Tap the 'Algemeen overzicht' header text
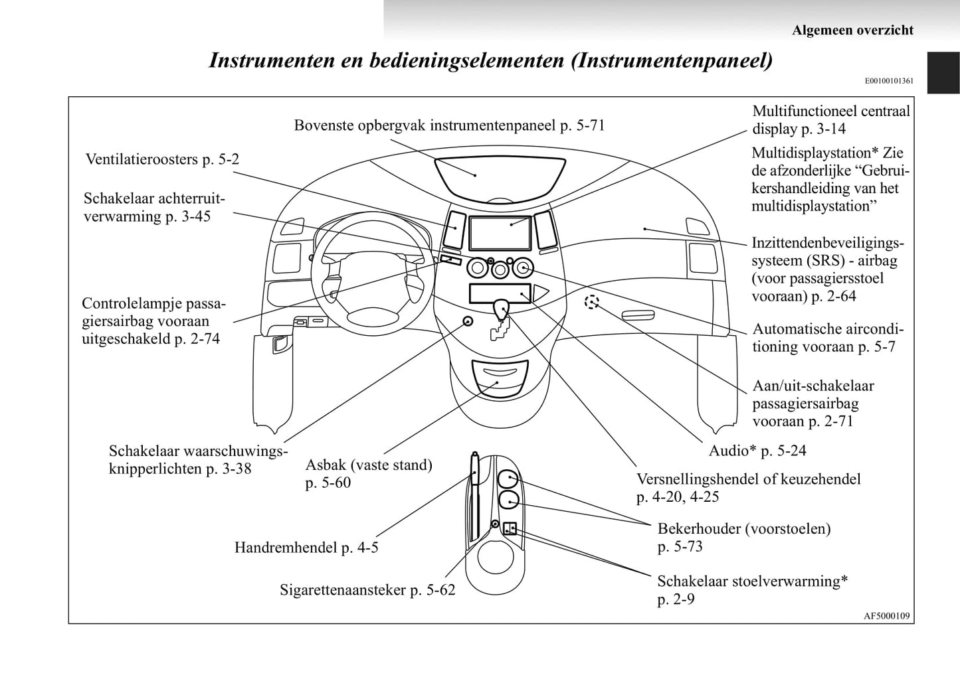(x=852, y=30)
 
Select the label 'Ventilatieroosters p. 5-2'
(x=162, y=159)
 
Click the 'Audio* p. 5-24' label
(x=757, y=451)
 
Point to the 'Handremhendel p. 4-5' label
(x=306, y=548)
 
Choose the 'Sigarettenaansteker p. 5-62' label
(x=367, y=589)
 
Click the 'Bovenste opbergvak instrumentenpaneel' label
(x=449, y=125)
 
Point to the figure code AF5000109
(x=886, y=616)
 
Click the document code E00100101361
(x=889, y=81)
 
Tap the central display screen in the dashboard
(x=500, y=232)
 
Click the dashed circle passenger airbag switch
(x=591, y=303)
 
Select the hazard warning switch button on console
(x=468, y=322)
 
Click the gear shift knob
(x=501, y=307)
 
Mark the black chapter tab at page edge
(x=943, y=73)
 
